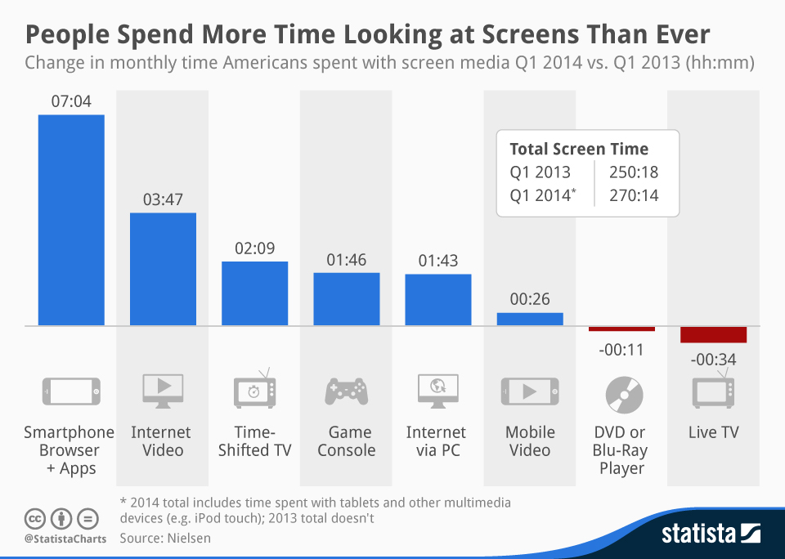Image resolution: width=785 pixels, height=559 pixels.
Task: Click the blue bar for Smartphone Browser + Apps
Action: (71, 220)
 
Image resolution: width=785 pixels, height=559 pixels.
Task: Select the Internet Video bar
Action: (163, 269)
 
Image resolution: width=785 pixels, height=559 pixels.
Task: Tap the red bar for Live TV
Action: (713, 334)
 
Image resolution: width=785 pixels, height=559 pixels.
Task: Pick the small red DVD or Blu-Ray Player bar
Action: (621, 329)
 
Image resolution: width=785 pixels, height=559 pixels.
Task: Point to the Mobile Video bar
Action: (530, 320)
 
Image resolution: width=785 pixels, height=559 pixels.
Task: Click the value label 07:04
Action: (71, 102)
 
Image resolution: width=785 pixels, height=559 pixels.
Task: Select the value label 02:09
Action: (254, 248)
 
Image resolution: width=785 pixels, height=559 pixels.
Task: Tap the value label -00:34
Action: (713, 359)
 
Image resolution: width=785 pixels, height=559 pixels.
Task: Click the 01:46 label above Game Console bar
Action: (346, 260)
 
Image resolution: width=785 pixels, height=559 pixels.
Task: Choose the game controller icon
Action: (346, 392)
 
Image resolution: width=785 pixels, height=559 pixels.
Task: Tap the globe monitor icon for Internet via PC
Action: (437, 391)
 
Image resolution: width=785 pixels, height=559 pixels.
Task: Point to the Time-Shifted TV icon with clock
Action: (254, 390)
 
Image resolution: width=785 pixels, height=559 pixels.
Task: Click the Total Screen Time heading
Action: (579, 149)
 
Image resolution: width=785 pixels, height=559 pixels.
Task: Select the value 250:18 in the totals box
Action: (634, 172)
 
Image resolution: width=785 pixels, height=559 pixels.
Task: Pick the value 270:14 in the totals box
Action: (634, 195)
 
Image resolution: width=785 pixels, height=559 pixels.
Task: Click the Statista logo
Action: (711, 534)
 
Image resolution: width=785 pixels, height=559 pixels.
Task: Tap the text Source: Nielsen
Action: (166, 538)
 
